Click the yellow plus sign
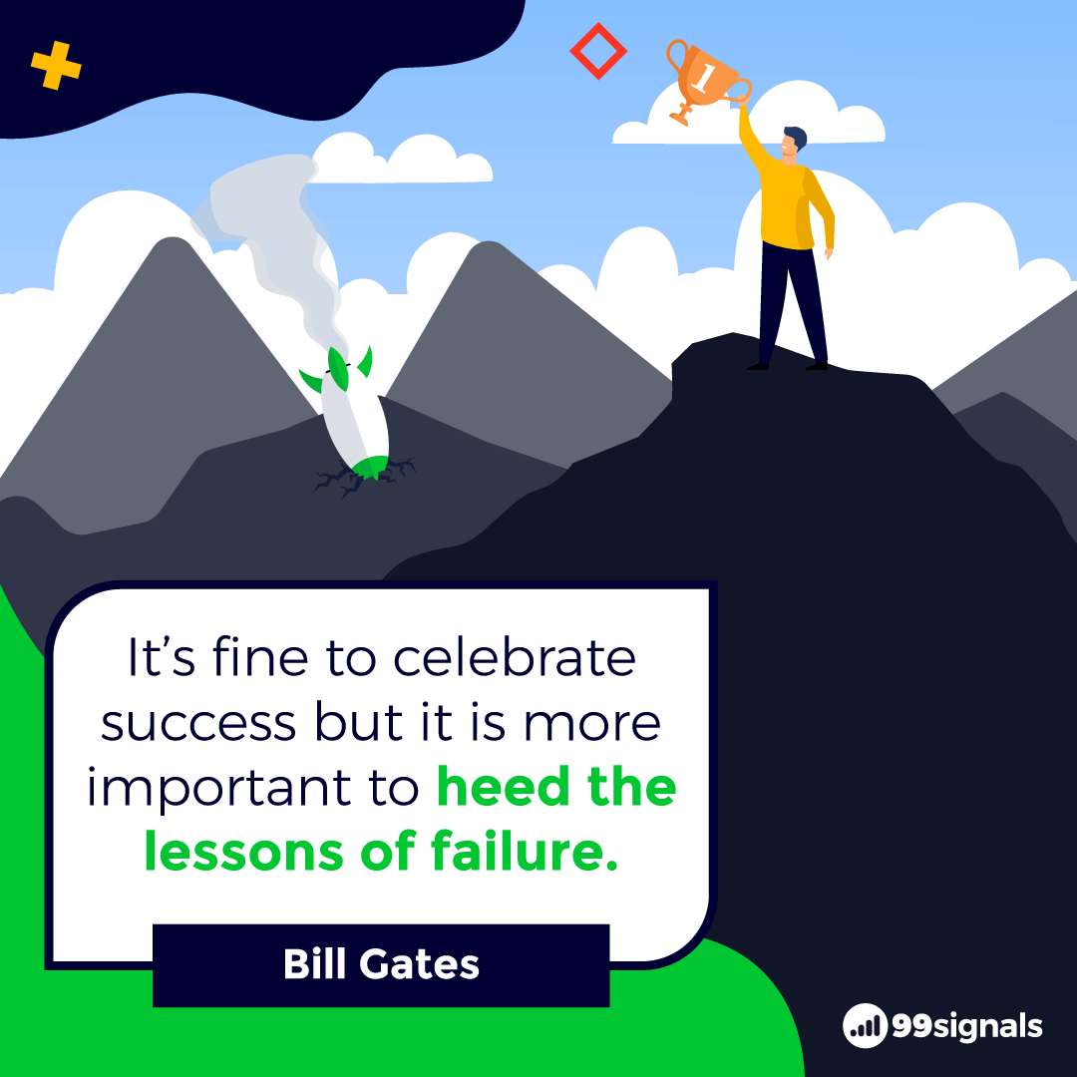point(56,66)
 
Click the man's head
point(794,145)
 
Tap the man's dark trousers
point(791,302)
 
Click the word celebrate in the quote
point(515,657)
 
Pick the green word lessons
point(244,853)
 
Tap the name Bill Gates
point(381,964)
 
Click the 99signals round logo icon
point(865,1025)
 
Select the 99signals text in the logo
point(967,1027)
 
